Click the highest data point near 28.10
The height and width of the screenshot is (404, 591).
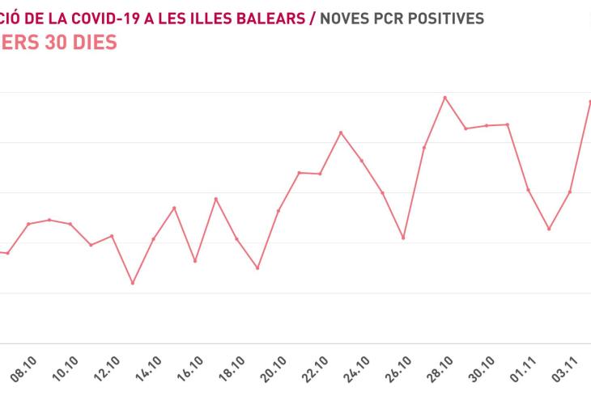(x=444, y=98)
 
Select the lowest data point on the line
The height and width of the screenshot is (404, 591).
(x=132, y=283)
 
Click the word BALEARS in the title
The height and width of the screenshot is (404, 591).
(x=270, y=16)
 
